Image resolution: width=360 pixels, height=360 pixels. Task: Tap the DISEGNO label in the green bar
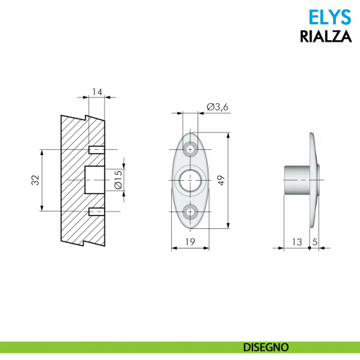coord(266,345)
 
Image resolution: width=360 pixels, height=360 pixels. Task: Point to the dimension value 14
coord(98,92)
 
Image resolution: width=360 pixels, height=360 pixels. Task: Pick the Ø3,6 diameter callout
coord(217,108)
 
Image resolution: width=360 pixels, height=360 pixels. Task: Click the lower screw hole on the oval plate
coord(191,212)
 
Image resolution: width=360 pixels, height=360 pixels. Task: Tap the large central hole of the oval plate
coord(191,180)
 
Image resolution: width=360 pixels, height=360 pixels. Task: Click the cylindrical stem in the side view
coord(296,180)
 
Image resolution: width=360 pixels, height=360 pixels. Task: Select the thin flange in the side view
coord(314,180)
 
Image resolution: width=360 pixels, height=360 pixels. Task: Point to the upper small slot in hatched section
coord(95,149)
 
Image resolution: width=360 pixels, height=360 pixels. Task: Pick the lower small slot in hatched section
coord(95,211)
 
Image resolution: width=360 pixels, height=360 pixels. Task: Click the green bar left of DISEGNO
coord(110,345)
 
